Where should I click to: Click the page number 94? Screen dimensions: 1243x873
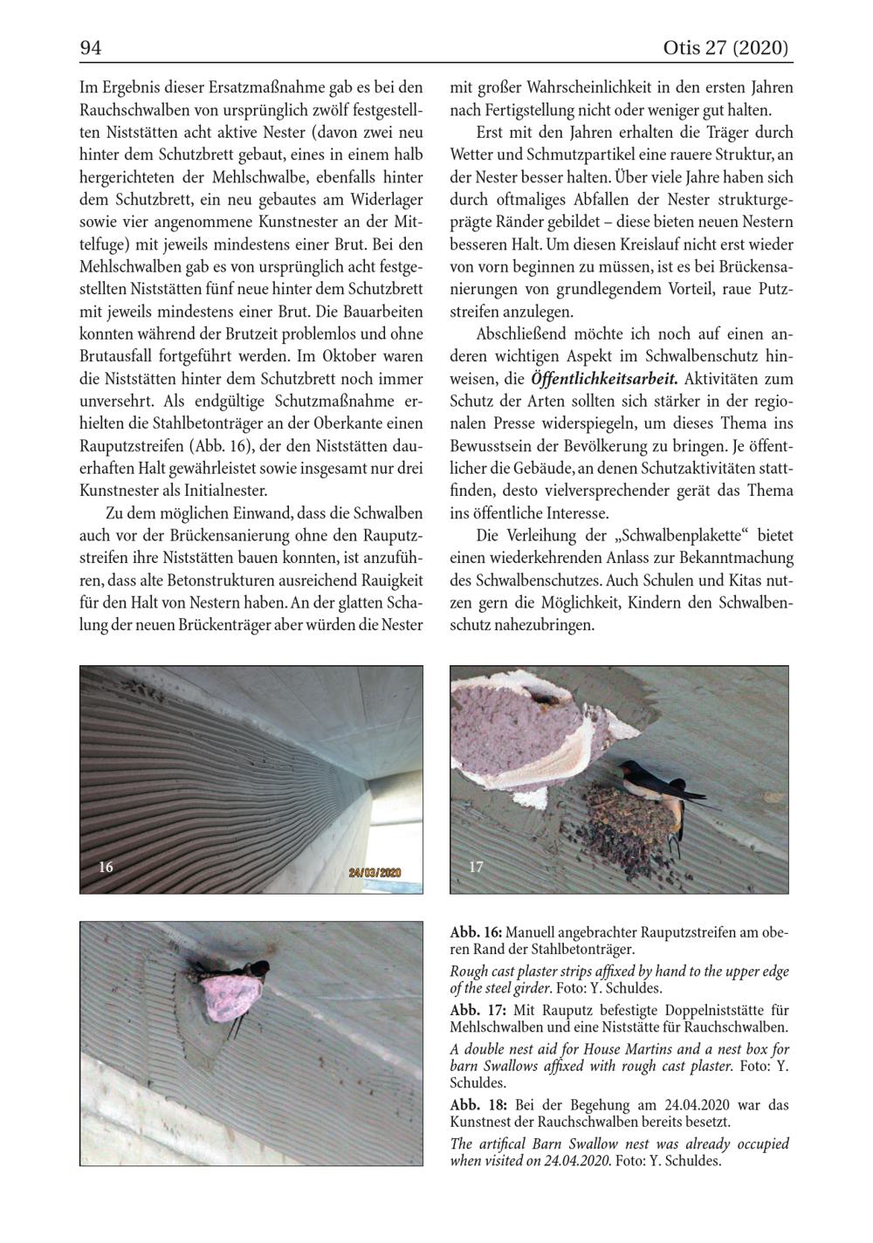click(91, 49)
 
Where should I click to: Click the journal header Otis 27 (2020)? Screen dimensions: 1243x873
click(726, 49)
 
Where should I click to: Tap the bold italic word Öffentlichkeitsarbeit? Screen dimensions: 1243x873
click(604, 380)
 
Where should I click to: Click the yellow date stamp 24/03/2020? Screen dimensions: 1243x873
click(375, 872)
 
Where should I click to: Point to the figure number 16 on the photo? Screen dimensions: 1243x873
click(106, 867)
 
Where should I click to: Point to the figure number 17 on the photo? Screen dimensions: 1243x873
click(476, 867)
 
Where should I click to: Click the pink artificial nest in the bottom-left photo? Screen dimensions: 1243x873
click(228, 997)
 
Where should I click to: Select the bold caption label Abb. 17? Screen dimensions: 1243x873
click(476, 1010)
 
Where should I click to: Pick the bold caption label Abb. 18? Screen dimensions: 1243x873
click(476, 1104)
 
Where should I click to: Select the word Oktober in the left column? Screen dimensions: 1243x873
click(349, 357)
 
